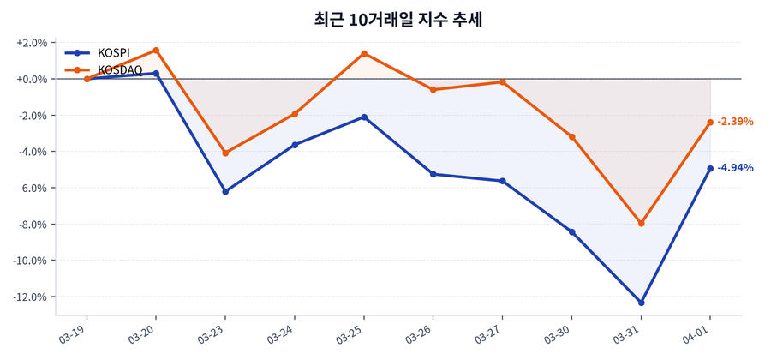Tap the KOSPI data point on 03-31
(x=641, y=303)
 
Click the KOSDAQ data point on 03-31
(x=641, y=224)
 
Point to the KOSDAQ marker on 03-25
(x=364, y=53)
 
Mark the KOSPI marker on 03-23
(x=225, y=191)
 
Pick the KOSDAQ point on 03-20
(x=156, y=51)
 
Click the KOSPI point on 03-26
(x=433, y=174)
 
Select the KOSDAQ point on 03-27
(x=503, y=82)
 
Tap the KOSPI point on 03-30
(x=571, y=232)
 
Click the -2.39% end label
(x=735, y=122)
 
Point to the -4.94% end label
(x=735, y=168)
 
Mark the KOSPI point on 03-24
(x=295, y=145)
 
